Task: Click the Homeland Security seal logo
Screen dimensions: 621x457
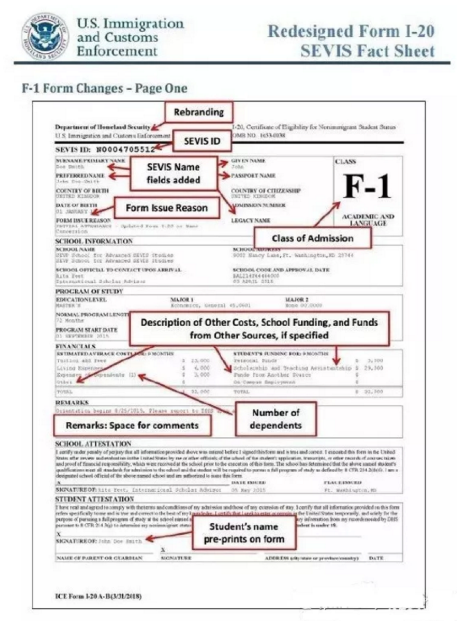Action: point(45,36)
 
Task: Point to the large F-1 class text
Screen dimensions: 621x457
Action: point(368,187)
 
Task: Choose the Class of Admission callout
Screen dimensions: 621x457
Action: point(313,238)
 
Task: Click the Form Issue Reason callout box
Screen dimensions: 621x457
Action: point(166,208)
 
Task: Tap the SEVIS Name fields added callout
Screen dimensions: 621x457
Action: point(173,173)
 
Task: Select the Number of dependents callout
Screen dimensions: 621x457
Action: point(276,419)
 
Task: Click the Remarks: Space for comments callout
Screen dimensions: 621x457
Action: point(132,425)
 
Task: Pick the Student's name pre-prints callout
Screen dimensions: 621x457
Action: point(244,533)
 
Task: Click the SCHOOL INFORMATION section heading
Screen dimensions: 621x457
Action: point(94,242)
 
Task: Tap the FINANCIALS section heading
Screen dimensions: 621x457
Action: point(76,346)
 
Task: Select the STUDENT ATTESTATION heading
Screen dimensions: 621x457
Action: point(95,499)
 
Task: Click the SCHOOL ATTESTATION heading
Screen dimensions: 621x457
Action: point(93,443)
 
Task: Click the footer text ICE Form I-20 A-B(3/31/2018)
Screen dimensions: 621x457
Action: point(98,596)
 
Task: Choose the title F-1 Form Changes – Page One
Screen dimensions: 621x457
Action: point(104,88)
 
